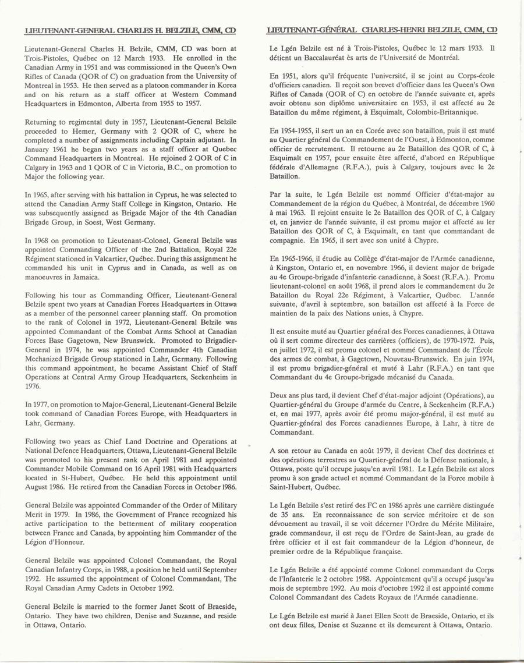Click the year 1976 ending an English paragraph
[34, 385]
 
